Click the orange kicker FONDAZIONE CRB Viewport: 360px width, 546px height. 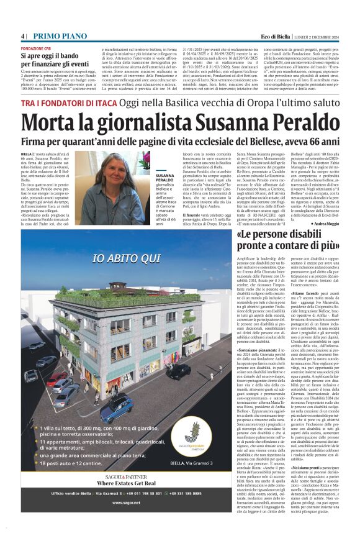(x=36, y=48)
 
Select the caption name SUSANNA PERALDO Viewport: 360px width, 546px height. (x=164, y=180)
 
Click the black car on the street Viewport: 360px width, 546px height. (x=179, y=371)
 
